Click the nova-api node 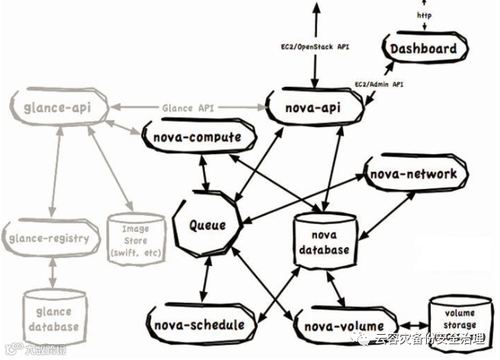click(313, 109)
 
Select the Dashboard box click(424, 50)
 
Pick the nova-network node click(414, 174)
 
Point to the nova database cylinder click(324, 239)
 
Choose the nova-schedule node click(197, 325)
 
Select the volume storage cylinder click(460, 317)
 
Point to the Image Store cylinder click(134, 238)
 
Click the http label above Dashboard click(424, 15)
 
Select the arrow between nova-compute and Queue click(204, 174)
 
